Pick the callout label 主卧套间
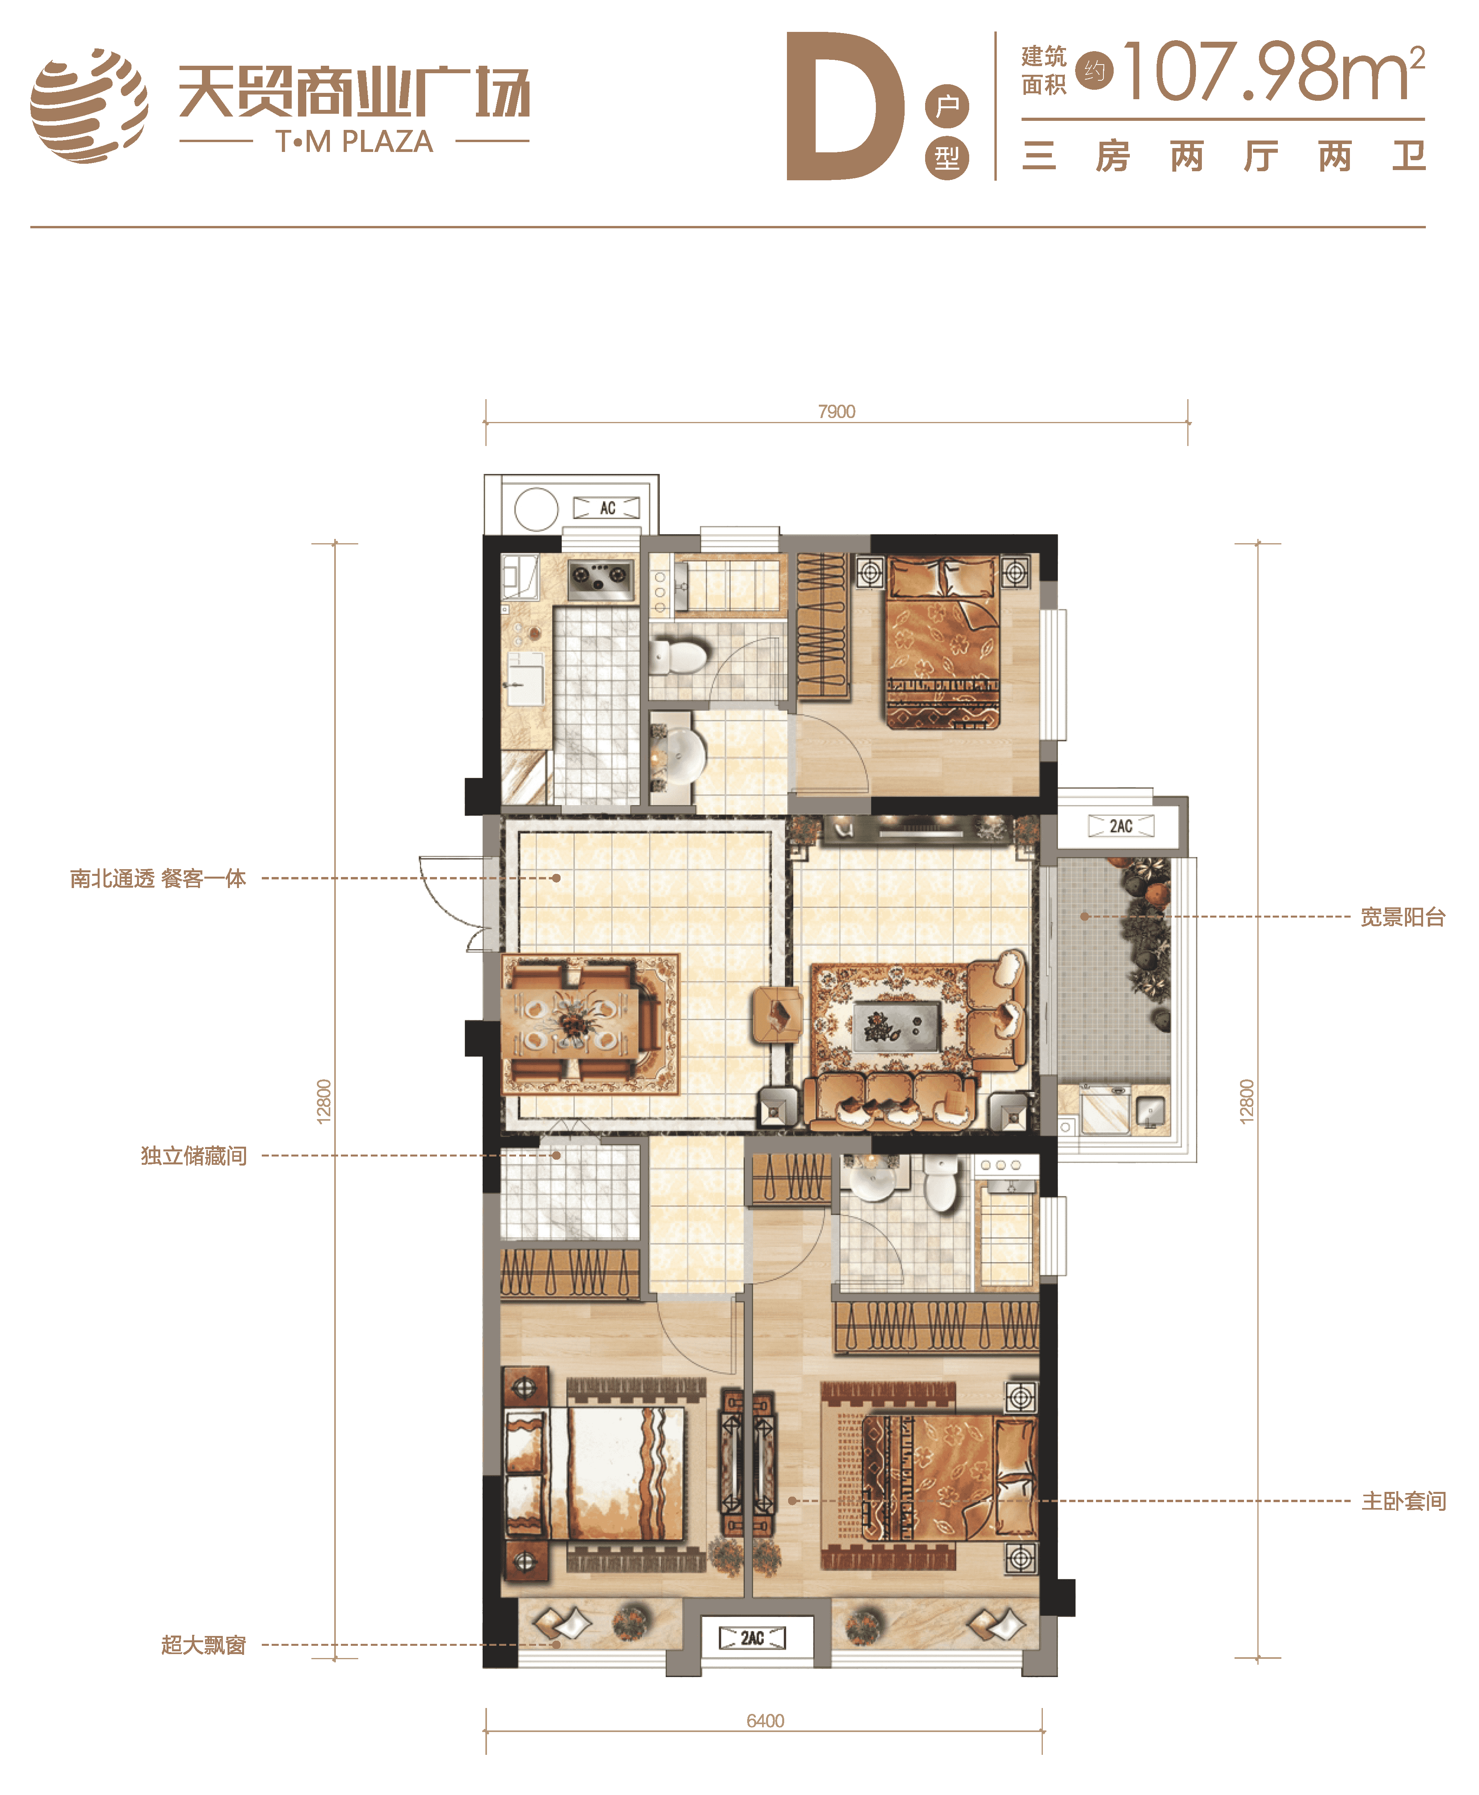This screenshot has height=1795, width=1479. [1403, 1501]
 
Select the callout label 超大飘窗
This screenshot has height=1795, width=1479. [204, 1645]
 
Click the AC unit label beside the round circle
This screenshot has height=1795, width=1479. [607, 508]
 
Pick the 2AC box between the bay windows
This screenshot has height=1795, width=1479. [752, 1638]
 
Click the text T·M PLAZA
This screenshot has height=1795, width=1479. [354, 141]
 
